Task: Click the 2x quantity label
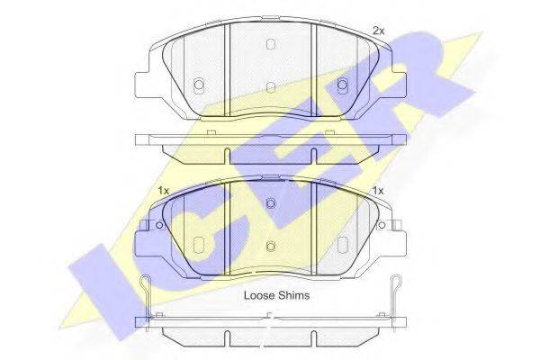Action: click(x=378, y=31)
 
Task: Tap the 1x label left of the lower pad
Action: click(x=163, y=191)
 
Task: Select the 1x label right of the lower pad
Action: click(x=378, y=191)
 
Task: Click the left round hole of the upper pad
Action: click(x=198, y=84)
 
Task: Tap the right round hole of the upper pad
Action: click(x=342, y=84)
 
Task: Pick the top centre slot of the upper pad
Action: click(x=271, y=44)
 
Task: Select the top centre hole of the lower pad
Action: click(x=271, y=203)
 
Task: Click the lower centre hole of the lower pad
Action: click(x=271, y=246)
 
